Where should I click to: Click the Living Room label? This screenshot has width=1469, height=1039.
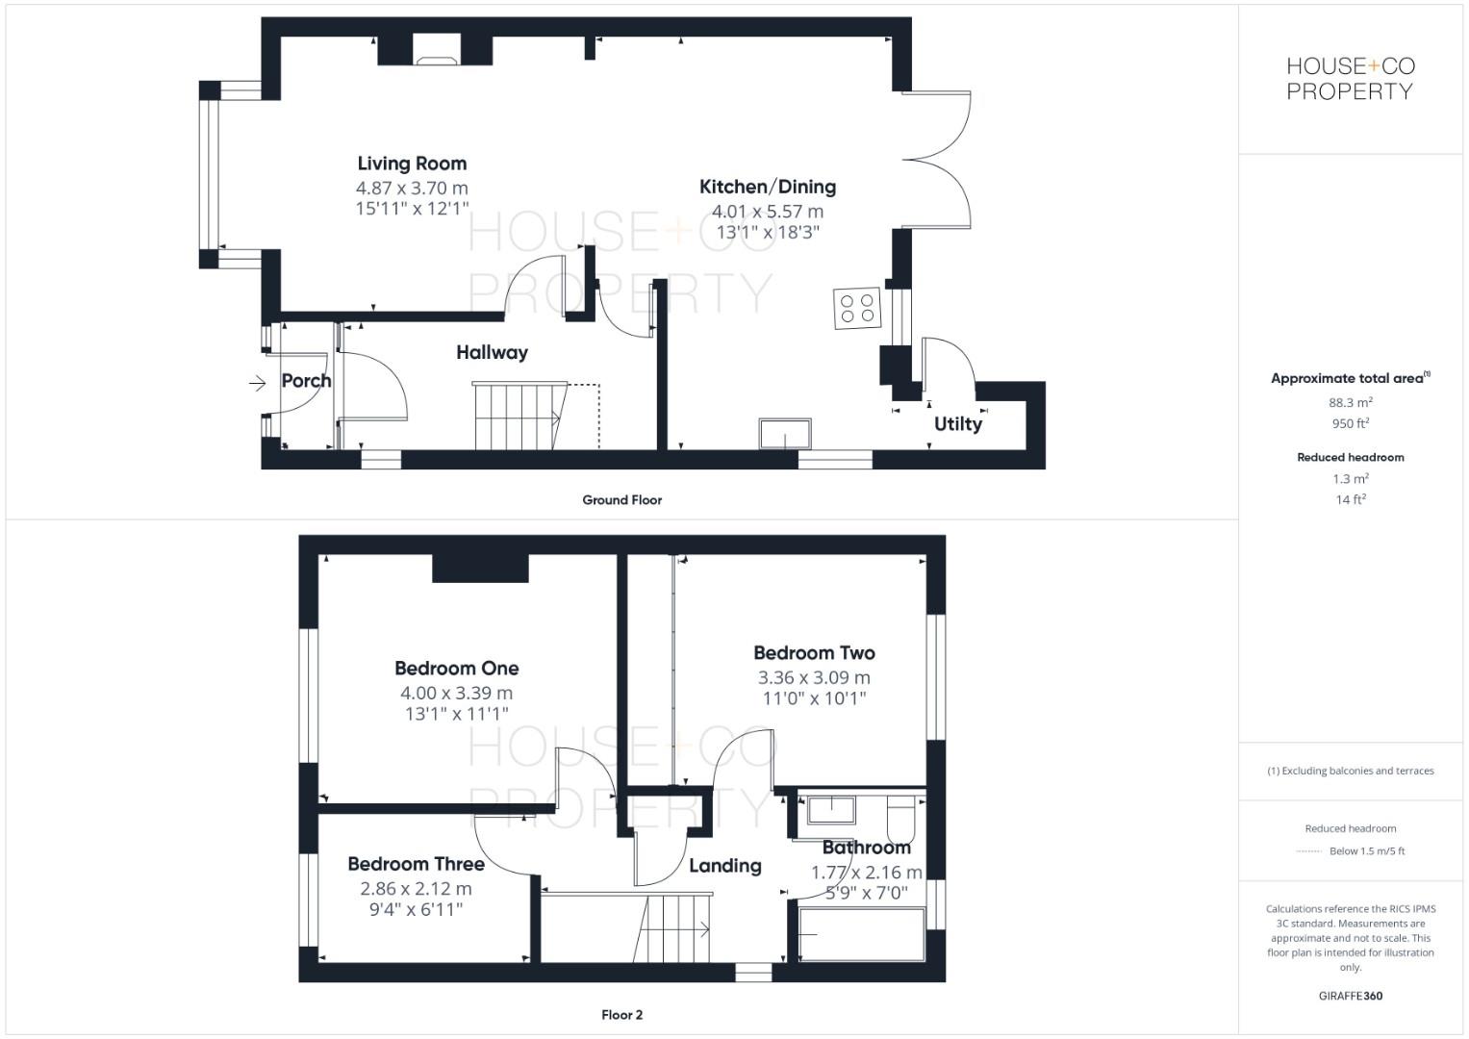coord(412,164)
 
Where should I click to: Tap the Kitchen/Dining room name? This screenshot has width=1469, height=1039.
coord(767,187)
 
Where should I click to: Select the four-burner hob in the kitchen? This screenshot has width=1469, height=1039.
coord(857,309)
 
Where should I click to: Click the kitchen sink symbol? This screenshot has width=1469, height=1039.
coord(785,434)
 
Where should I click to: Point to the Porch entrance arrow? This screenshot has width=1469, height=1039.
coord(258,384)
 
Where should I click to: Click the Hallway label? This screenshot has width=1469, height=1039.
coord(492,352)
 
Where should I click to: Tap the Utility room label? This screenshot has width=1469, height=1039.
coord(958,423)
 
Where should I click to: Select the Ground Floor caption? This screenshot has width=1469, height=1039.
coord(621,500)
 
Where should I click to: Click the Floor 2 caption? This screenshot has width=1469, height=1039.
coord(621,1015)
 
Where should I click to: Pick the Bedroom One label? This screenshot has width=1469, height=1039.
coord(456,668)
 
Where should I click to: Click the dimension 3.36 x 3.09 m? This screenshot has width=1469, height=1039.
coord(814,677)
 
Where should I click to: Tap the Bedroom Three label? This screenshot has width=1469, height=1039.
coord(416,864)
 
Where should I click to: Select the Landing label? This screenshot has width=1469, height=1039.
coord(724,866)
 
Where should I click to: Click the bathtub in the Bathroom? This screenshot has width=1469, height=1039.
coord(861,933)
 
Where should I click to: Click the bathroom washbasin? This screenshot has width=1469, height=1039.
coord(831,809)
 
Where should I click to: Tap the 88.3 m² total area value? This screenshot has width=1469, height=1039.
coord(1350,403)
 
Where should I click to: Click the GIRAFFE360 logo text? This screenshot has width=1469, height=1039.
coord(1350,996)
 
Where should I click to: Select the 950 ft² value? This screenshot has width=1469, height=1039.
coord(1350,423)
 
